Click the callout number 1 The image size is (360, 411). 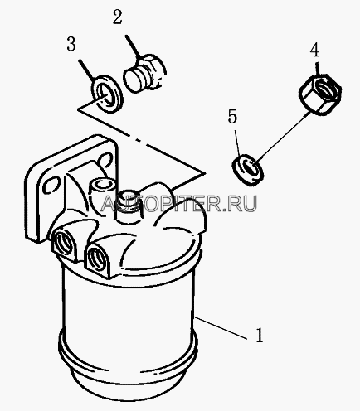click(x=259, y=335)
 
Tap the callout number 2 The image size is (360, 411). click(x=117, y=17)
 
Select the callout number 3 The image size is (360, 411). click(x=71, y=44)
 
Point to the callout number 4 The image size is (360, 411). click(x=314, y=51)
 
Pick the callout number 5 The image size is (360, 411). click(x=232, y=116)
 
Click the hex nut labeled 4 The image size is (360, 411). click(x=320, y=94)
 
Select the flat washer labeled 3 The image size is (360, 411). click(x=107, y=94)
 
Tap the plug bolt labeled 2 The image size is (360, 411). click(x=144, y=73)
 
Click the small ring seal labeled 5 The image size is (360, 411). click(x=247, y=169)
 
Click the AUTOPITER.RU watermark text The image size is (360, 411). click(x=179, y=203)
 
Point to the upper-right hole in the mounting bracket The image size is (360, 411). click(x=105, y=160)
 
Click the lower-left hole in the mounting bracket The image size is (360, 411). click(x=51, y=186)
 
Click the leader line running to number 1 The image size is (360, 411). click(x=221, y=328)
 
